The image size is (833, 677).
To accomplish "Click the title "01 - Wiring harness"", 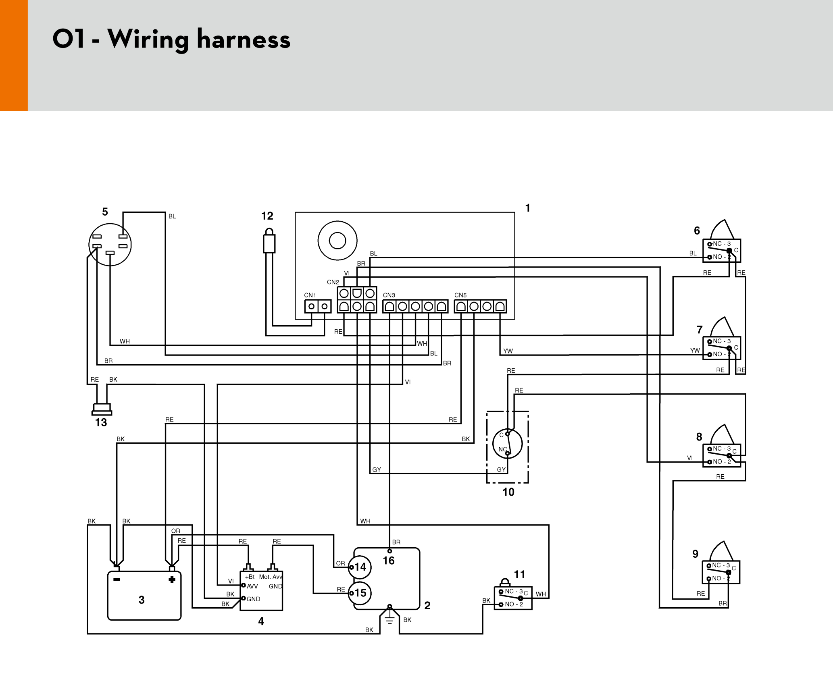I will pyautogui.click(x=171, y=39).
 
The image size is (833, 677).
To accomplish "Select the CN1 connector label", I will pyautogui.click(x=310, y=295).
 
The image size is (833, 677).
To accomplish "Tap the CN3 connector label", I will pyautogui.click(x=389, y=295).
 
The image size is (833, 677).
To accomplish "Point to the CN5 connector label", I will pyautogui.click(x=460, y=295).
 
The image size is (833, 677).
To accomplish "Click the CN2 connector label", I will pyautogui.click(x=333, y=282).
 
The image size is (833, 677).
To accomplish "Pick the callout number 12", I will pyautogui.click(x=267, y=216).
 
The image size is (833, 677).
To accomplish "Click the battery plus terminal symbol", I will pyautogui.click(x=172, y=579).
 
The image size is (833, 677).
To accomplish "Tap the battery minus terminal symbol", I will pyautogui.click(x=117, y=579).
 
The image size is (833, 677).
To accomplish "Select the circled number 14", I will pyautogui.click(x=360, y=567).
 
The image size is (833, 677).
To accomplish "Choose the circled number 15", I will pyautogui.click(x=360, y=593).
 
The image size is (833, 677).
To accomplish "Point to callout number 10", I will pyautogui.click(x=508, y=492).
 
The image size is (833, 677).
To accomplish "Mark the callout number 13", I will pyautogui.click(x=101, y=422).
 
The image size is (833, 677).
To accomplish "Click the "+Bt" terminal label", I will pyautogui.click(x=250, y=577).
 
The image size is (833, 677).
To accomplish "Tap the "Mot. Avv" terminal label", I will pyautogui.click(x=271, y=577).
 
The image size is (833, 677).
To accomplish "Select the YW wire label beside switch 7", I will pyautogui.click(x=695, y=351).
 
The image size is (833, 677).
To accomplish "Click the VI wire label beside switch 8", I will pyautogui.click(x=690, y=458).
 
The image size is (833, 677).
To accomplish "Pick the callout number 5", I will pyautogui.click(x=105, y=212).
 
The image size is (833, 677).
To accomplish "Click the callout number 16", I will pyautogui.click(x=388, y=561).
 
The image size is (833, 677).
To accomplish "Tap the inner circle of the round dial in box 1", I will pyautogui.click(x=337, y=241).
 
